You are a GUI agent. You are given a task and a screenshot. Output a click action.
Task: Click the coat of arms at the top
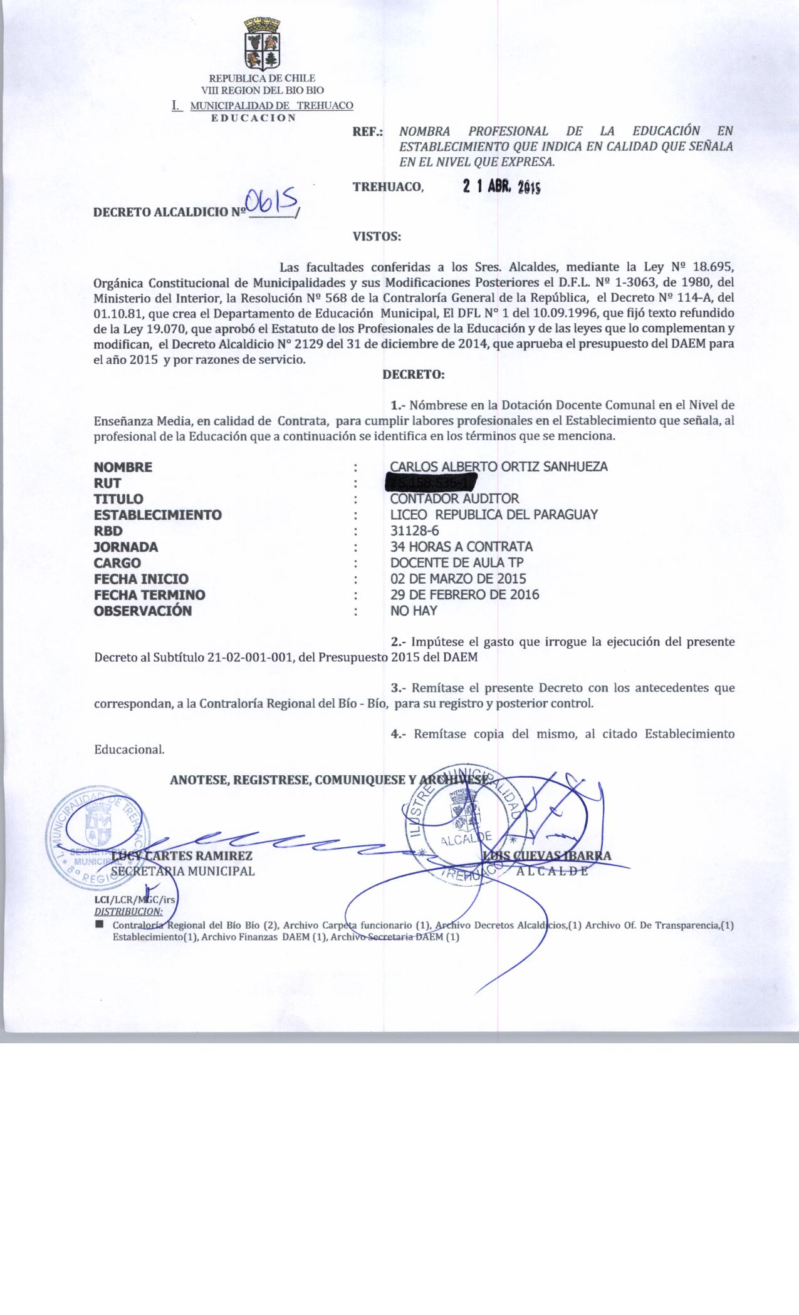[261, 44]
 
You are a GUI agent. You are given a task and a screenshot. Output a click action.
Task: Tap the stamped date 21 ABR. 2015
[501, 186]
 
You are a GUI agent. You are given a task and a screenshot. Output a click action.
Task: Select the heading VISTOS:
[377, 237]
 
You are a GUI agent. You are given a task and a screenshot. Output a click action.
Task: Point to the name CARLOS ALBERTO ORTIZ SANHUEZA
[498, 467]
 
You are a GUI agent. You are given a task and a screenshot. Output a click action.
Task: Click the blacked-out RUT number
[431, 483]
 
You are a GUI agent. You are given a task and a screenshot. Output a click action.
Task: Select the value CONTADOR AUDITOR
[454, 499]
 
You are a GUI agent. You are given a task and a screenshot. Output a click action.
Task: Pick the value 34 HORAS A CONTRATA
[461, 547]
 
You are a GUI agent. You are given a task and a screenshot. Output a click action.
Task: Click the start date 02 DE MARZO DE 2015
[458, 579]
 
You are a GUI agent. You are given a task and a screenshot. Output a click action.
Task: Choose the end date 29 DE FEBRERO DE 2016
[464, 594]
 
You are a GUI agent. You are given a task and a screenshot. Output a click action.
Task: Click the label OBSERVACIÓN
[143, 611]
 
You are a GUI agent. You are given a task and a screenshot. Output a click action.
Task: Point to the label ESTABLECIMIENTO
[158, 515]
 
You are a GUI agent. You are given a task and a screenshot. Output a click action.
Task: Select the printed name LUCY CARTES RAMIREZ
[182, 856]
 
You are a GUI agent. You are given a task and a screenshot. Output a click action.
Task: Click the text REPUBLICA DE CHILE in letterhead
[262, 79]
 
